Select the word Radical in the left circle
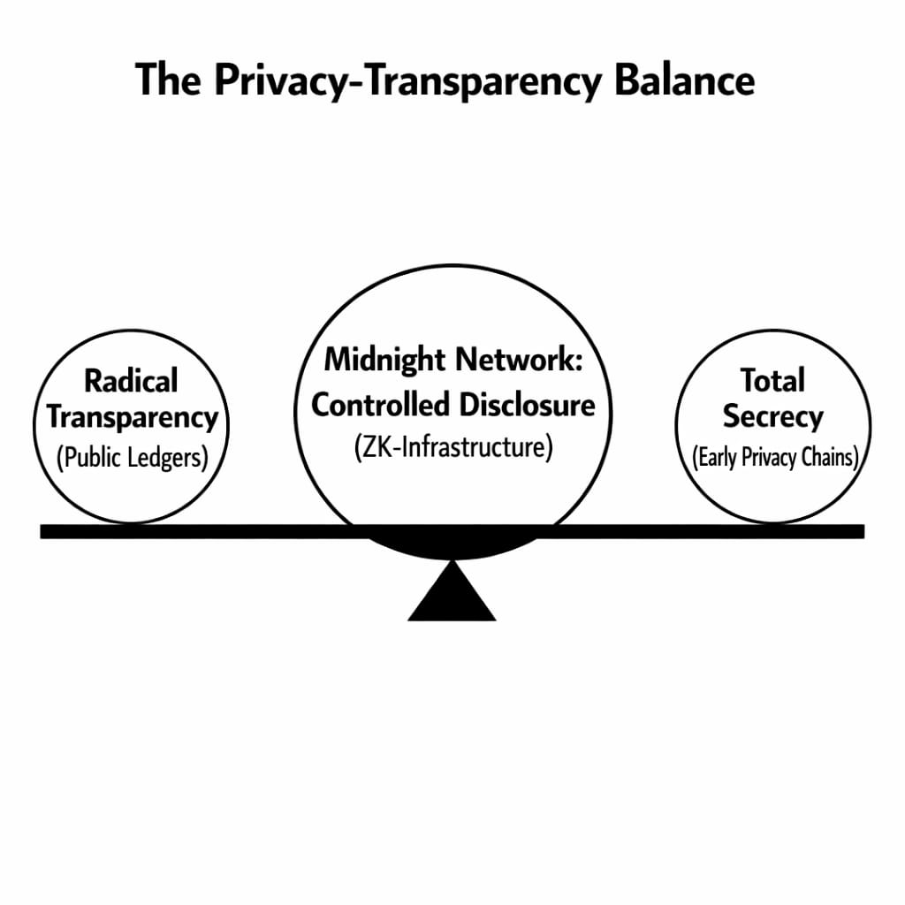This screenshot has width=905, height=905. [x=131, y=381]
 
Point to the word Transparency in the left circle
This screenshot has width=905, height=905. [x=132, y=416]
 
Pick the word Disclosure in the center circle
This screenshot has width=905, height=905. [x=527, y=405]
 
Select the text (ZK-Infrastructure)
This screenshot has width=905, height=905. [x=453, y=447]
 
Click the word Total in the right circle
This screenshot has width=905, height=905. [x=772, y=381]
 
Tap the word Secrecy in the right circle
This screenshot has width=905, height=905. [x=772, y=416]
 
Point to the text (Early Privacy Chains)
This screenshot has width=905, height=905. [x=773, y=458]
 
